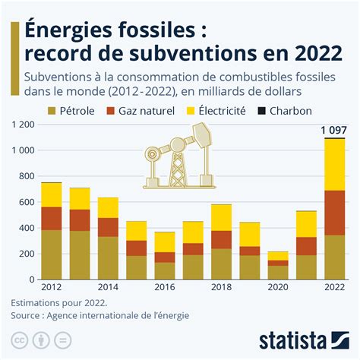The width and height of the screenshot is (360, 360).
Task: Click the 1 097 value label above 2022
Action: pos(334,130)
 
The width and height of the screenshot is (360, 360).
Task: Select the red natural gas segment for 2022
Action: pos(334,212)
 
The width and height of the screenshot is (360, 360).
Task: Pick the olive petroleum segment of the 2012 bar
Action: pos(52,254)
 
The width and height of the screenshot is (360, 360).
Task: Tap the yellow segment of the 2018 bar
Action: pos(221,217)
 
